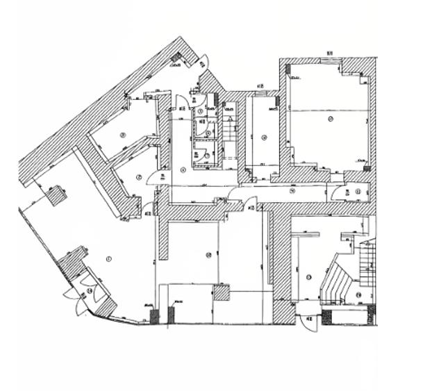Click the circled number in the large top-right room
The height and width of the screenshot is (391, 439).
click(331, 119)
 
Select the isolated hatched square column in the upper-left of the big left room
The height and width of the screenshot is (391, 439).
click(56, 195)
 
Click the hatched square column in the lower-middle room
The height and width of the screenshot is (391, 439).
click(221, 292)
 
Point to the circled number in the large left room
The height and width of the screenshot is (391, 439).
click(108, 259)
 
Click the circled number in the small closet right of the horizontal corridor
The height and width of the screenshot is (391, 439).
click(358, 192)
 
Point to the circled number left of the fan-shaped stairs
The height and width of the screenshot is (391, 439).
click(308, 277)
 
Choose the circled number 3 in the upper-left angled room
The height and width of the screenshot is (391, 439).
click(122, 135)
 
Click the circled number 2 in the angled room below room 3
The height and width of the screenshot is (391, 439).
click(139, 178)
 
